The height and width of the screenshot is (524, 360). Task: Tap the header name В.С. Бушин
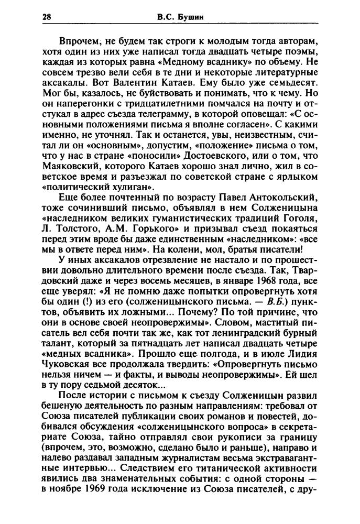click(180, 17)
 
